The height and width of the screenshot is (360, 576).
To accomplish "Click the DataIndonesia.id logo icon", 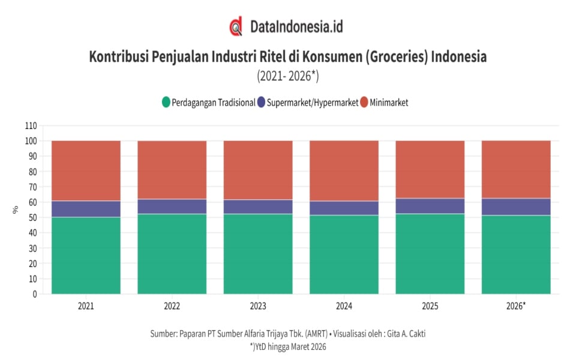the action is point(236,26).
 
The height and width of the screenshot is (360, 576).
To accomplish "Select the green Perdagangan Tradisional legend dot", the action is point(166,102).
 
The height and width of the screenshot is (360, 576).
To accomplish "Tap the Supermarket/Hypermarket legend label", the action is point(312,103).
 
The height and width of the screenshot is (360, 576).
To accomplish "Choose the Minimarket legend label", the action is point(389,103).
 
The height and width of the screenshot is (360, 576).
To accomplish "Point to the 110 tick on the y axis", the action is point(31,125).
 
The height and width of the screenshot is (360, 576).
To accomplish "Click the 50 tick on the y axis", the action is point(32,217).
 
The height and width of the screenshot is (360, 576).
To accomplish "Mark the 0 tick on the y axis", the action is point(35,294).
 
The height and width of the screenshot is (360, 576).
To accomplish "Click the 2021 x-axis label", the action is point(86,306).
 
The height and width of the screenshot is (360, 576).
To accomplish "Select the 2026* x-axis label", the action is point(516,306).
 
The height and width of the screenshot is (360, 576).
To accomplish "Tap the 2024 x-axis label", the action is point(344,306).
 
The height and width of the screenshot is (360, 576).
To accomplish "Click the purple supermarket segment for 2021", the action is point(86,209).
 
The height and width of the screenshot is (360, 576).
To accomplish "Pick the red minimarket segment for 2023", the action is point(258,170).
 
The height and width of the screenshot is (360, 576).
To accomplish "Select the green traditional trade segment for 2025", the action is point(430,254).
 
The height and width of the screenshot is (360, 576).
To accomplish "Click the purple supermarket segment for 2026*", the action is point(516,207).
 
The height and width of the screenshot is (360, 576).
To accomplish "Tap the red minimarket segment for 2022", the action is point(172,170).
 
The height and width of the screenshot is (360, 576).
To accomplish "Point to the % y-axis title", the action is point(15,210).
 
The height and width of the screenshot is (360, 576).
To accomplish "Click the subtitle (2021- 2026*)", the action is point(288,76).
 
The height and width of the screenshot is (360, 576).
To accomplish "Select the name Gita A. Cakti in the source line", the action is point(406,334).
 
